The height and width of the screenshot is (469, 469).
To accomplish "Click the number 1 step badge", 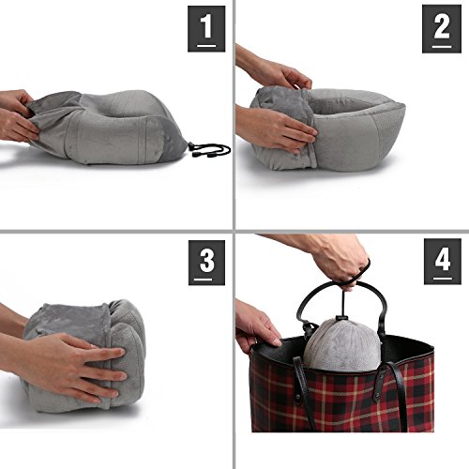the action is pos(206,29).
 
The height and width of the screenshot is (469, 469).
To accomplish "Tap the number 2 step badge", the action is pos(442,29).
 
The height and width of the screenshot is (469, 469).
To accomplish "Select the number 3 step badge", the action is pos(206,263).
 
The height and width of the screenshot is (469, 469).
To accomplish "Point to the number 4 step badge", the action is pos(443,262).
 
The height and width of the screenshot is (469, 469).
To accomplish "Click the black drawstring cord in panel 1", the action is pos(210,150).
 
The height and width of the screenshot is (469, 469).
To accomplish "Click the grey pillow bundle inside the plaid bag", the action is pos(343,345).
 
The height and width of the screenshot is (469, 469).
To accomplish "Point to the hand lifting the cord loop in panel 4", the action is pos(340,260).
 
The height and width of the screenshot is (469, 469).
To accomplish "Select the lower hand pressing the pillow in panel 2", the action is pos(275,129).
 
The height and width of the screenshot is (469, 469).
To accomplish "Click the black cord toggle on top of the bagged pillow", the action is pos(342,319).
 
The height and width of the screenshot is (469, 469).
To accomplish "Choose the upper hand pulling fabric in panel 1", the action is pos(16,100).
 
